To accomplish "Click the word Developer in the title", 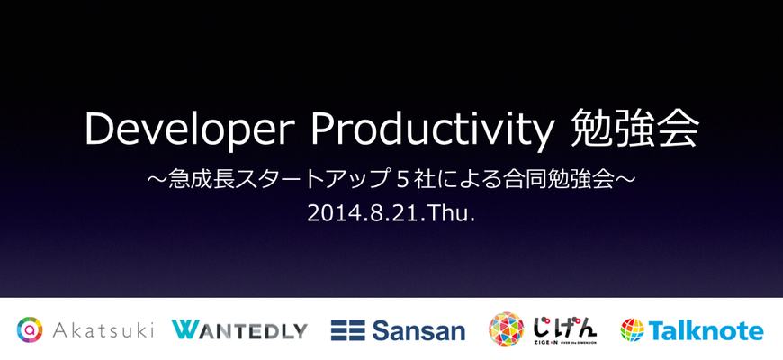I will tap(189, 130).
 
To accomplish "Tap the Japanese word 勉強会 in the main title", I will tap(635, 130).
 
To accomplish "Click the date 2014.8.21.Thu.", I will tap(391, 213).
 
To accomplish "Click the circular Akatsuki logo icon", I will tap(30, 329).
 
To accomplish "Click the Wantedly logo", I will tap(239, 330).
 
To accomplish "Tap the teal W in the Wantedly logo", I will tap(185, 330).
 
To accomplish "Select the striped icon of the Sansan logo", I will tap(347, 330).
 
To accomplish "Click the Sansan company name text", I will tap(418, 330).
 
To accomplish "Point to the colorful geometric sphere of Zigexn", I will tap(506, 329).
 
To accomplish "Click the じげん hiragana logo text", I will tap(563, 326).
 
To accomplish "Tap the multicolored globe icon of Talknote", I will tap(633, 330).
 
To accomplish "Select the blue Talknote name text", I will tap(706, 330).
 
